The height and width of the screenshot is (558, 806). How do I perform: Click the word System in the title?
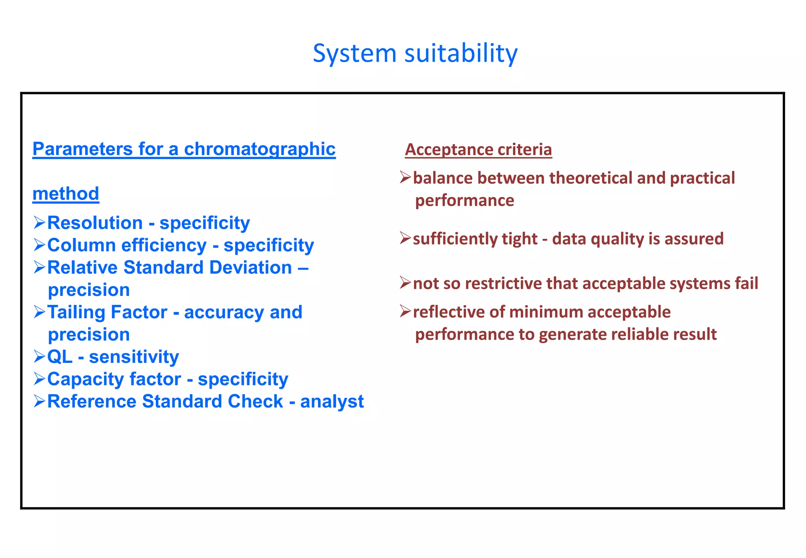[x=354, y=54]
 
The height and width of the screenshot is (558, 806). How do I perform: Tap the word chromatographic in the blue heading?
[x=260, y=149]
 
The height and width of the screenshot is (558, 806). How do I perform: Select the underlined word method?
[x=66, y=194]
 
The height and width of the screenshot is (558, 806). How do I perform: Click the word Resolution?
[x=95, y=223]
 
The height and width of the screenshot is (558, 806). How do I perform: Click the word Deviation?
[x=250, y=268]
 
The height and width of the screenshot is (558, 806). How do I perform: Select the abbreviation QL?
[x=60, y=357]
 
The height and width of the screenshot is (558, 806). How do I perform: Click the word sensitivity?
[x=134, y=357]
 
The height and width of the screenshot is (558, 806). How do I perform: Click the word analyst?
[x=332, y=402]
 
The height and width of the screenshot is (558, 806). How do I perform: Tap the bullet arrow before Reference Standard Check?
[x=39, y=401]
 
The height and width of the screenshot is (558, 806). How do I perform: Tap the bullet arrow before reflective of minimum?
[x=405, y=311]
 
